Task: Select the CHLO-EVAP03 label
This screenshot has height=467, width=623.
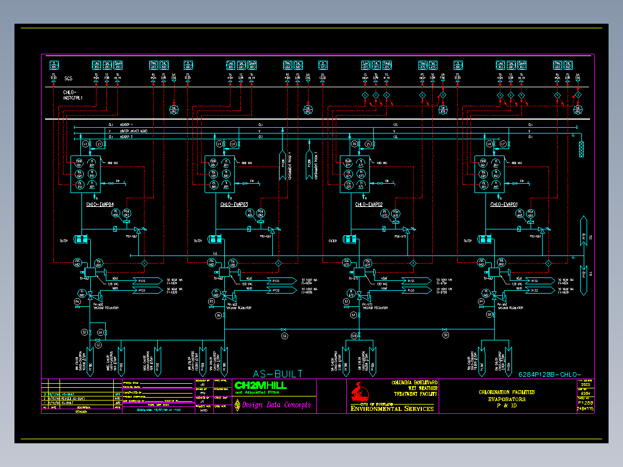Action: pyautogui.click(x=233, y=205)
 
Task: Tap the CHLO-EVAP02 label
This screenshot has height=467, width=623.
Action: pyautogui.click(x=369, y=205)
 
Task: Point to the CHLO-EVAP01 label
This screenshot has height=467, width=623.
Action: pyautogui.click(x=504, y=205)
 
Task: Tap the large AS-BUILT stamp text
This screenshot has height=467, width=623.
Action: pyautogui.click(x=278, y=374)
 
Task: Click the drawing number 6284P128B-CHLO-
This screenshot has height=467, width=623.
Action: pyautogui.click(x=549, y=374)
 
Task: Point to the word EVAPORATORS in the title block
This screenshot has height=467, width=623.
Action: pyautogui.click(x=507, y=399)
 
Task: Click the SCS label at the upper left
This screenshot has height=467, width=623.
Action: pyautogui.click(x=68, y=78)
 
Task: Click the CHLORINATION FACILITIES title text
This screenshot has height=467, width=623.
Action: pyautogui.click(x=507, y=392)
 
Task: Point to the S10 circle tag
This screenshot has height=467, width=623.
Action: pyautogui.click(x=354, y=336)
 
